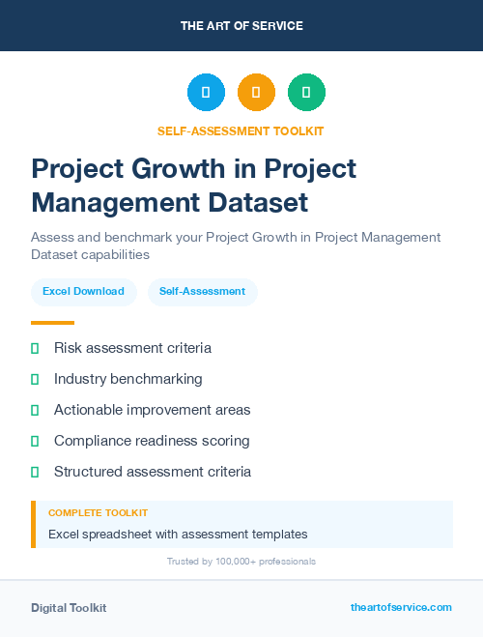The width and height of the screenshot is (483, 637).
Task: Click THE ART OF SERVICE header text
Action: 241,26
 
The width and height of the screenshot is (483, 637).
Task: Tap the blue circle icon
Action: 206,93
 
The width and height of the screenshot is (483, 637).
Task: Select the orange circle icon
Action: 256,93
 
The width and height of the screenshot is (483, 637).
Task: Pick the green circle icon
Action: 306,93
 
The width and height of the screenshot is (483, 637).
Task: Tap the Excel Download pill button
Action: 83,291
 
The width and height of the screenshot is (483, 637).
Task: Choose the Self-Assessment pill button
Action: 202,291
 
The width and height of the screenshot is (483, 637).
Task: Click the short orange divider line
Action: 52,323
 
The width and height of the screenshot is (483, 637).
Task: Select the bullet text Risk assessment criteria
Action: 132,348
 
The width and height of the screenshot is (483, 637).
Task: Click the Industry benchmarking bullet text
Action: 128,379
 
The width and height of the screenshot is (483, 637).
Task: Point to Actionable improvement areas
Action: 152,410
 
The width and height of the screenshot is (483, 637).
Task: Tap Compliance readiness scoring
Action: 152,441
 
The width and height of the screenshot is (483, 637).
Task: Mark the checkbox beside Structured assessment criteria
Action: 35,472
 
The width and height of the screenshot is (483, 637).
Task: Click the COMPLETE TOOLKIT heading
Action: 98,513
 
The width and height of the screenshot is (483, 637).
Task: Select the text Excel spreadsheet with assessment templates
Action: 178,534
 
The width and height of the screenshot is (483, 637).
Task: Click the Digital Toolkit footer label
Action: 69,608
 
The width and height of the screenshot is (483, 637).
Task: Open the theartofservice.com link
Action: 401,607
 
